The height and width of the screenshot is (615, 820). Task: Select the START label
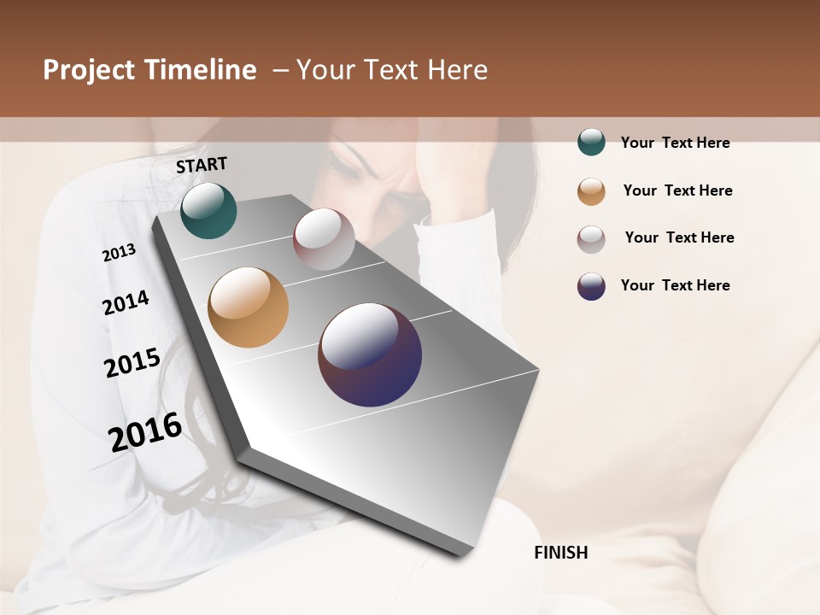tap(202, 165)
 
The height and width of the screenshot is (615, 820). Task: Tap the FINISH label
tap(561, 553)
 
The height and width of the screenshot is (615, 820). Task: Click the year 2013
tap(120, 253)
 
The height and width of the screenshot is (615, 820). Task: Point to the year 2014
tap(126, 302)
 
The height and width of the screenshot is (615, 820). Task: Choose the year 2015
tap(132, 363)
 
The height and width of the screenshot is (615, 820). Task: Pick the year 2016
tap(145, 431)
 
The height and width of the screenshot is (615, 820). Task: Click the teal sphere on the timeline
tap(208, 211)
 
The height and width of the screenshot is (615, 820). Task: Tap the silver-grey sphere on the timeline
tap(324, 239)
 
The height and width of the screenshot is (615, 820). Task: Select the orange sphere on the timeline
tap(249, 307)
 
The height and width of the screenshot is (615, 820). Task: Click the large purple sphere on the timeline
tap(370, 354)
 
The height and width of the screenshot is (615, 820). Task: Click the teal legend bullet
tap(591, 143)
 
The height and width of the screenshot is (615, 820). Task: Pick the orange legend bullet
tap(591, 191)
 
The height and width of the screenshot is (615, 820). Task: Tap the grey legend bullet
tap(591, 238)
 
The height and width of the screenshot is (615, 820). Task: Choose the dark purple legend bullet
tap(591, 286)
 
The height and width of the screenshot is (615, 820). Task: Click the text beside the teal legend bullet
tap(675, 143)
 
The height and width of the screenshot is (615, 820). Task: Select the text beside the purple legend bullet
tap(675, 285)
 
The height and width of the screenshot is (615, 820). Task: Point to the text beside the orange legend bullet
tap(677, 190)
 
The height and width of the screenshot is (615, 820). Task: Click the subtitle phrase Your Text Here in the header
tap(392, 70)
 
